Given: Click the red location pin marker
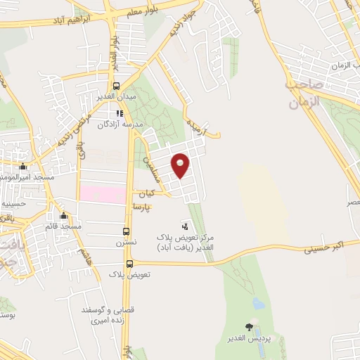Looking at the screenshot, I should pos(181,165).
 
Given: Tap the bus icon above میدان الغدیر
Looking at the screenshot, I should pos(127,86).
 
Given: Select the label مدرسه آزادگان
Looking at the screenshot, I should pos(123,123).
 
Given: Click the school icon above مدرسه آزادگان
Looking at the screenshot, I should pos(120,112).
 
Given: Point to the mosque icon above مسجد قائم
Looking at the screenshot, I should pos(64,216).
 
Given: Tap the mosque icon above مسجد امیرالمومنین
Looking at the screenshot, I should pos(23,167).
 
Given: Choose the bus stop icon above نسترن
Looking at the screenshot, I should pos(127,231).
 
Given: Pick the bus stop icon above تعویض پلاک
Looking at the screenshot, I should pos(128,263).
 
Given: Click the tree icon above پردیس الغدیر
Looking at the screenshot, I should pos(249,326).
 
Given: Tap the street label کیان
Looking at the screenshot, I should pos(146,193).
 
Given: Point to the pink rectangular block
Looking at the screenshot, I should pos(102,192).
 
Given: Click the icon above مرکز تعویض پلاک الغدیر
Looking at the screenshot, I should pos(185,226).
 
